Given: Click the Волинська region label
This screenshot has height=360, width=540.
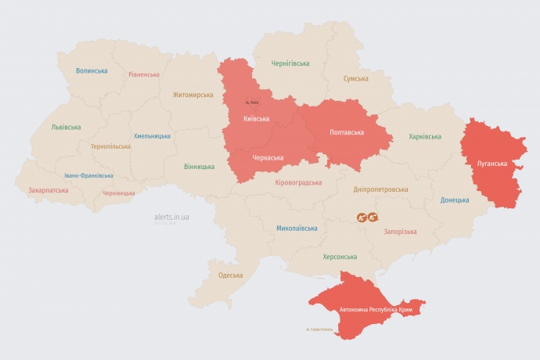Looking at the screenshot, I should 92,70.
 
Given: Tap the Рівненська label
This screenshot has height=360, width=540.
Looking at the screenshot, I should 144,74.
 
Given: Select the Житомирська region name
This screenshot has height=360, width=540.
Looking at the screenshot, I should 193,95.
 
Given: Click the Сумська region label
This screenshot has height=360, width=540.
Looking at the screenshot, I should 356,79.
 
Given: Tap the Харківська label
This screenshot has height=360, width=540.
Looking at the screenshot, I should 425,136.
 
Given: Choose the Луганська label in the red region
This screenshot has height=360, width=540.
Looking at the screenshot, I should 492,164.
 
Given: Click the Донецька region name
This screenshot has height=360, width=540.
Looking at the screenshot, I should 455,200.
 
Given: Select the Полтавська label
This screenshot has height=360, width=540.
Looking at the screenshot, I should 347,131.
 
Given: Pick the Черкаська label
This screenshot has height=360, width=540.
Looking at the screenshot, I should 267,157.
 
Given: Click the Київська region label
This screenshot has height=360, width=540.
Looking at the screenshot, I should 257,119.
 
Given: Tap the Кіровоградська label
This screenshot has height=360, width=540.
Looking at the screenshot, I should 298,182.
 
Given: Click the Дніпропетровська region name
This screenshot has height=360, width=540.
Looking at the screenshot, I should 381,189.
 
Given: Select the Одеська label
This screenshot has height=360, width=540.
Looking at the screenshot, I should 230,275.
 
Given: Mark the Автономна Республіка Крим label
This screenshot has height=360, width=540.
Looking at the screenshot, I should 375,310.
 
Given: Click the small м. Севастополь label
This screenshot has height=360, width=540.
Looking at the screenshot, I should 319,329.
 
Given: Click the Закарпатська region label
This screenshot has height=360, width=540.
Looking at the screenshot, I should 48,190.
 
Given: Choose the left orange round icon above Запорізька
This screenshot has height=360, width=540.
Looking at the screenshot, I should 362,217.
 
